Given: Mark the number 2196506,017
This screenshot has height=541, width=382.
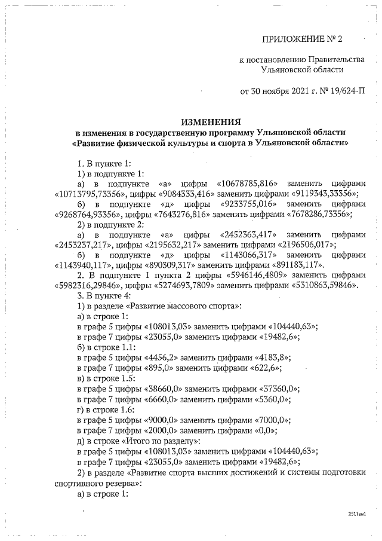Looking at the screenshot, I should tap(305, 244).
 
